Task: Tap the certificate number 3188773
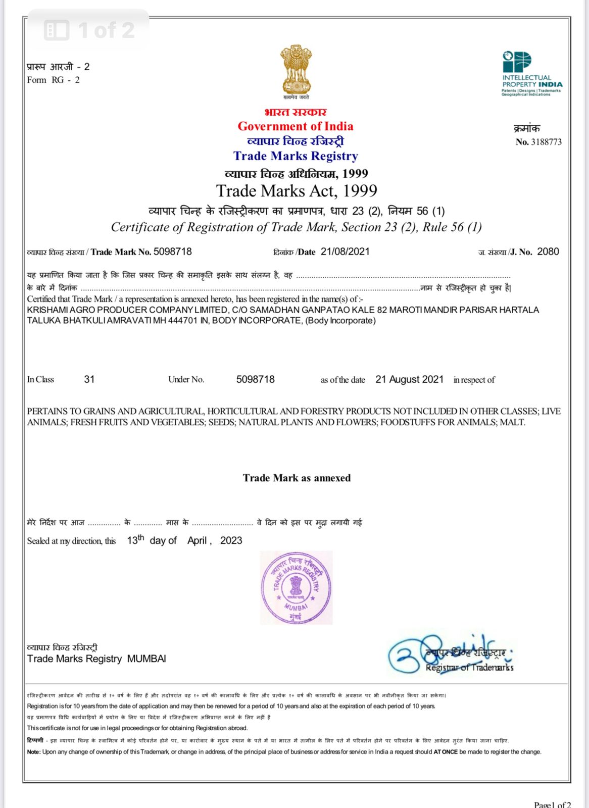pyautogui.click(x=546, y=142)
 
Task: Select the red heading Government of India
pyautogui.click(x=296, y=126)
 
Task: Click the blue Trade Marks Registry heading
pyautogui.click(x=296, y=156)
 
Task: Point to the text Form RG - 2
pyautogui.click(x=53, y=80)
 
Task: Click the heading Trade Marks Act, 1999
pyautogui.click(x=297, y=191)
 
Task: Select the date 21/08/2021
pyautogui.click(x=345, y=251)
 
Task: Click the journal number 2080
pyautogui.click(x=548, y=251)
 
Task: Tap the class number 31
pyautogui.click(x=89, y=379)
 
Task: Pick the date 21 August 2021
pyautogui.click(x=409, y=379)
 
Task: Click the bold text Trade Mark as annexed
pyautogui.click(x=297, y=478)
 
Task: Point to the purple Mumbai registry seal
pyautogui.click(x=296, y=588)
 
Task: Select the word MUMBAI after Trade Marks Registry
pyautogui.click(x=146, y=659)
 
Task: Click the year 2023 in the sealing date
pyautogui.click(x=231, y=540)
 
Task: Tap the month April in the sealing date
pyautogui.click(x=197, y=540)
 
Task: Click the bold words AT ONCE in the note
pyautogui.click(x=446, y=752)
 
